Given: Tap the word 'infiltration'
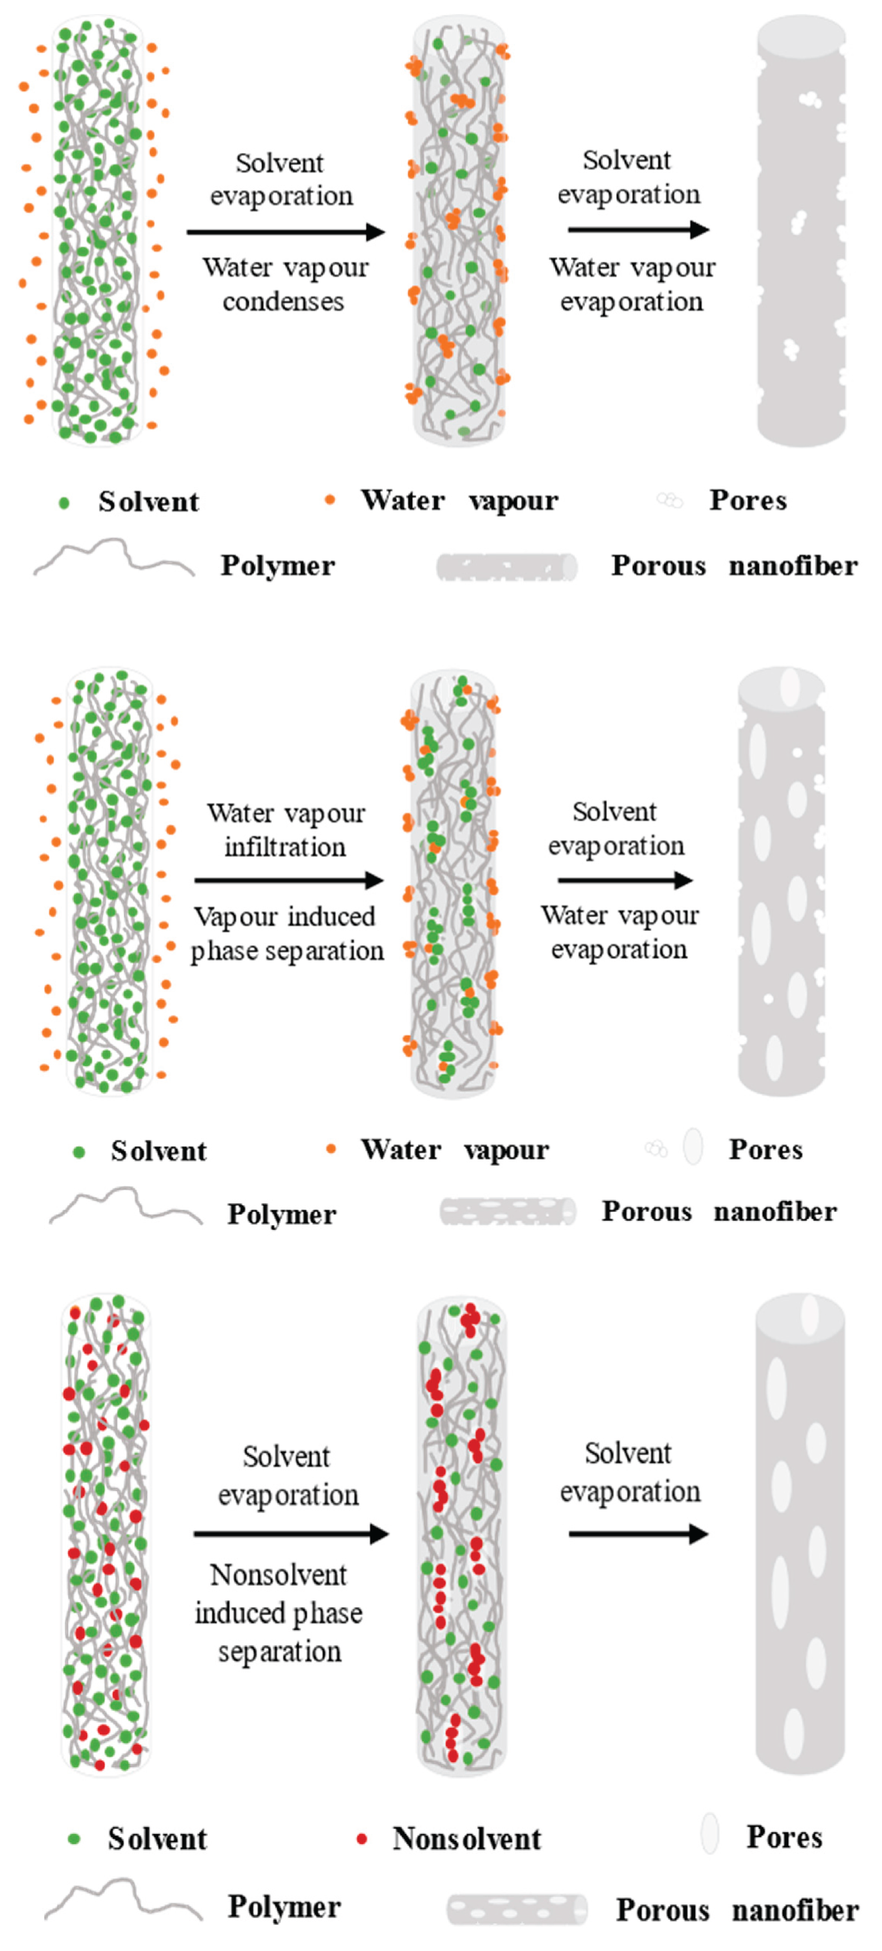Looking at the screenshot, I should tap(285, 847).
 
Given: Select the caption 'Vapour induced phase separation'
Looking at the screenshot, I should tap(286, 933).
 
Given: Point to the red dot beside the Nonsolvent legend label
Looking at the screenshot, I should tap(362, 1838).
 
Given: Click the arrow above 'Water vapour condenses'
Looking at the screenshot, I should tap(286, 232).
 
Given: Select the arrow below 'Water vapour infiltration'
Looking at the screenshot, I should tap(289, 880).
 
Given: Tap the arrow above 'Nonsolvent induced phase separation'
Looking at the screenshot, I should tap(291, 1534).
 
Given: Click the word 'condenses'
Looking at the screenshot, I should tap(283, 301).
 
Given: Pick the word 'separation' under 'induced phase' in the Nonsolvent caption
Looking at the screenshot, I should tap(280, 1651).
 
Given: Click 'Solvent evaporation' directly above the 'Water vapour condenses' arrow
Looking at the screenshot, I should tap(281, 180).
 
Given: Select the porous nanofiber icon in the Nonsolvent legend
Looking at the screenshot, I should tap(516, 1909).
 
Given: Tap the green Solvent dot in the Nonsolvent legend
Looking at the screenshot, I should tap(75, 1838).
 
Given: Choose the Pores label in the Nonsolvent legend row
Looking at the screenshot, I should tap(784, 1836).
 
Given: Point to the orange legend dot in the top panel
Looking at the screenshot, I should tap(330, 499).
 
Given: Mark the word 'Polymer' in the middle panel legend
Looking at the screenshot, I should tap(282, 1214).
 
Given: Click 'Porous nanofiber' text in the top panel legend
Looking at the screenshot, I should tap(734, 565).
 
